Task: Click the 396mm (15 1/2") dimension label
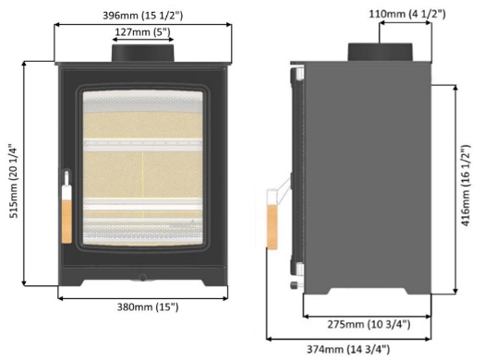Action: click(142, 15)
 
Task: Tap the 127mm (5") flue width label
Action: click(142, 31)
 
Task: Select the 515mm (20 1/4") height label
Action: click(14, 181)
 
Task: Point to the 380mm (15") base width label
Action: click(148, 306)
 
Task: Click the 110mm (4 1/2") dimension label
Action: click(407, 14)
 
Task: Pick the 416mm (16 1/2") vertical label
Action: click(466, 186)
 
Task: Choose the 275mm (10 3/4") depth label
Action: click(369, 324)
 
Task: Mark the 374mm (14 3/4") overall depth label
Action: click(348, 349)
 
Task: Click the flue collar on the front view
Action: click(142, 53)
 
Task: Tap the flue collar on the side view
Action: click(380, 52)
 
